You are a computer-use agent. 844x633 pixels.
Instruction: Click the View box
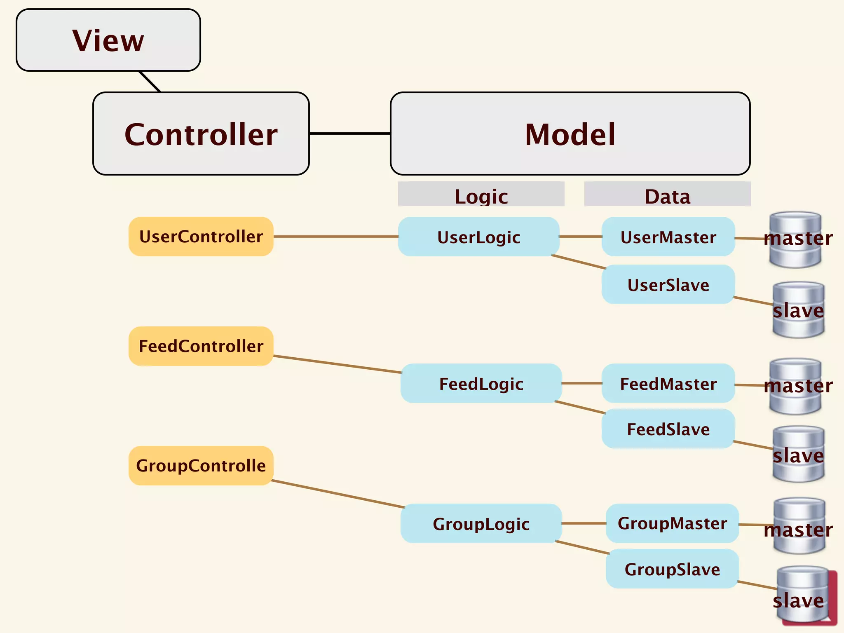click(108, 40)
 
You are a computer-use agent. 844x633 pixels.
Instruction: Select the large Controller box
click(201, 134)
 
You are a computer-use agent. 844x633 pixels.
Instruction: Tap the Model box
click(570, 134)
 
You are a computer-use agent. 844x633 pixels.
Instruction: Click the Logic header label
click(481, 195)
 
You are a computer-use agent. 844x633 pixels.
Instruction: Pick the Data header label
click(667, 195)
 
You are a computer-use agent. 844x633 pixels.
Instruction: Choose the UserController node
click(201, 237)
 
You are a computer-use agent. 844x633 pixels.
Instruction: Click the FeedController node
click(201, 346)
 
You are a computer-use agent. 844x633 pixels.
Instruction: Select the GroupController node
click(201, 466)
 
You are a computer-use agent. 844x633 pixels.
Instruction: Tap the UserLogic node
click(478, 237)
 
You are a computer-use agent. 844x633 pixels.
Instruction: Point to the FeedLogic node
click(481, 384)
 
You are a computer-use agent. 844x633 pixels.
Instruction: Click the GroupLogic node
click(481, 524)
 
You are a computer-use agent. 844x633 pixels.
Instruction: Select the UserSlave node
click(668, 285)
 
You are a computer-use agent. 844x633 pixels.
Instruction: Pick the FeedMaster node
click(668, 384)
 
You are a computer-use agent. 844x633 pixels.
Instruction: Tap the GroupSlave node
click(672, 569)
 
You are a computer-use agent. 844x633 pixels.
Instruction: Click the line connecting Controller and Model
click(349, 134)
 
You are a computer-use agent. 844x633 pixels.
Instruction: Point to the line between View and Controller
click(150, 82)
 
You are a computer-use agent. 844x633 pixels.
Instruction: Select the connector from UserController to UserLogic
click(336, 237)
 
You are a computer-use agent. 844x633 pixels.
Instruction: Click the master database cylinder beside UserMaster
click(795, 240)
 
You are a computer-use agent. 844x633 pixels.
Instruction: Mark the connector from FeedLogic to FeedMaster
click(581, 383)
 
